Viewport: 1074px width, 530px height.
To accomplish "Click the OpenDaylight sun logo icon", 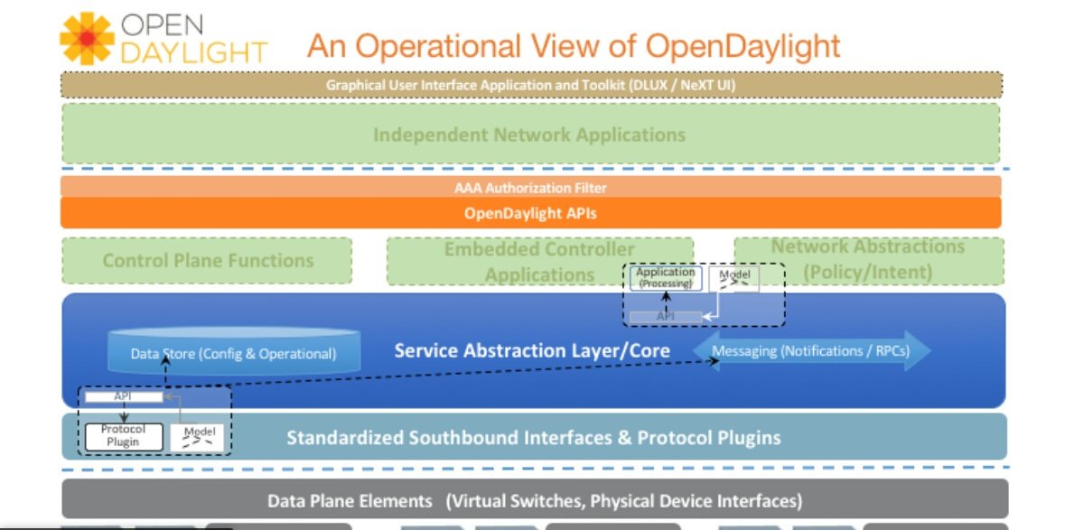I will tap(89, 40).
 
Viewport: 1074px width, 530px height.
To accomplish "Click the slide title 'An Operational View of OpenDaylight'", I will tap(574, 45).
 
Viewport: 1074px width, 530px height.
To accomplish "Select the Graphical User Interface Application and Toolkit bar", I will tap(530, 85).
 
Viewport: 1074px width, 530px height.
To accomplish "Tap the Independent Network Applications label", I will tap(529, 135).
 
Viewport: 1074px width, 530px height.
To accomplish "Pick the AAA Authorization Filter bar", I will tap(530, 188).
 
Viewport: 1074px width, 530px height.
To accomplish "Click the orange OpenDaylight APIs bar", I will tap(530, 214).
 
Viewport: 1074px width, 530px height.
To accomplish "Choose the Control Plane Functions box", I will tap(208, 261).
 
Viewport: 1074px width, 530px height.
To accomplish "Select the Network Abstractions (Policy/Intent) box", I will tap(868, 258).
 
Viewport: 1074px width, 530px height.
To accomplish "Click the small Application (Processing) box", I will tap(666, 277).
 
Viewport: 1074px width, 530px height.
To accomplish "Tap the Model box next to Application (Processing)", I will tap(733, 279).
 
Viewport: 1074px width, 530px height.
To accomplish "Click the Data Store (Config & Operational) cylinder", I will tap(233, 353).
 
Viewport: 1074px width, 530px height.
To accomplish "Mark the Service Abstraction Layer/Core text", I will tap(532, 350).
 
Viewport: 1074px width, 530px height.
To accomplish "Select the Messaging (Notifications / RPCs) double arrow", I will tap(810, 350).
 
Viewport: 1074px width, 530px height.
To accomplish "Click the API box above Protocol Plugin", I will tap(124, 396).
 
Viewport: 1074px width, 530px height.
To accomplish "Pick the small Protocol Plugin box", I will tap(121, 436).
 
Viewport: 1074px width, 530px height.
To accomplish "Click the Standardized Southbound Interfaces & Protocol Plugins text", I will tap(533, 438).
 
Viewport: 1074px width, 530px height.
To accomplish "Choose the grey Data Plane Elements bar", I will tap(534, 500).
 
